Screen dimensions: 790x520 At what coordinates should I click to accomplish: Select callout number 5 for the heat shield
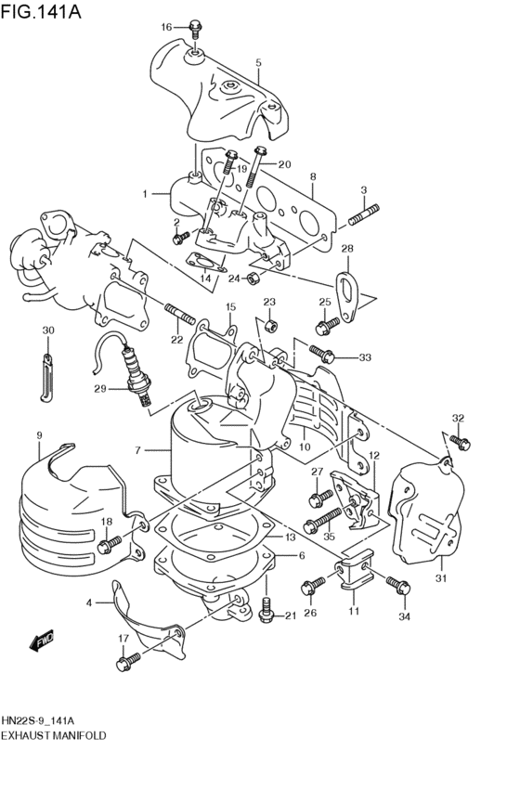coord(258,63)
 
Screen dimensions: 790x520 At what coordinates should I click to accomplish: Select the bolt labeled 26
coord(310,587)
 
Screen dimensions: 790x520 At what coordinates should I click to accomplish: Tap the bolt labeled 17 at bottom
coord(126,662)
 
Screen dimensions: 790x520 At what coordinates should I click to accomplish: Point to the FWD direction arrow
coord(41,641)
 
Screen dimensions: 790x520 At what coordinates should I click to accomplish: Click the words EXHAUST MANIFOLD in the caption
coord(53,734)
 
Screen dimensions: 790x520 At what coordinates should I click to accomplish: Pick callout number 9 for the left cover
coord(39,435)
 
